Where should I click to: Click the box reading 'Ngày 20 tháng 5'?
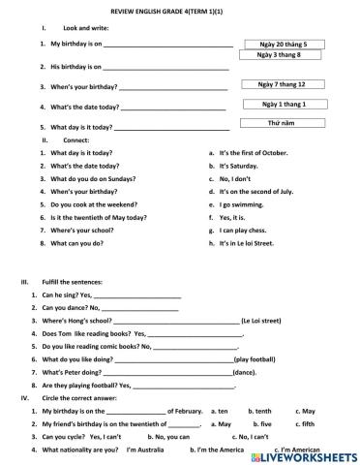click(x=284, y=45)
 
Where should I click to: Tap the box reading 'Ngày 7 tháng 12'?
click(x=283, y=85)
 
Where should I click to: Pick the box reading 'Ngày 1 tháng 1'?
click(x=284, y=104)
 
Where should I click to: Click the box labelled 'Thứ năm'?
click(x=284, y=123)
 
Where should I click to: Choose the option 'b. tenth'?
click(x=259, y=411)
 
